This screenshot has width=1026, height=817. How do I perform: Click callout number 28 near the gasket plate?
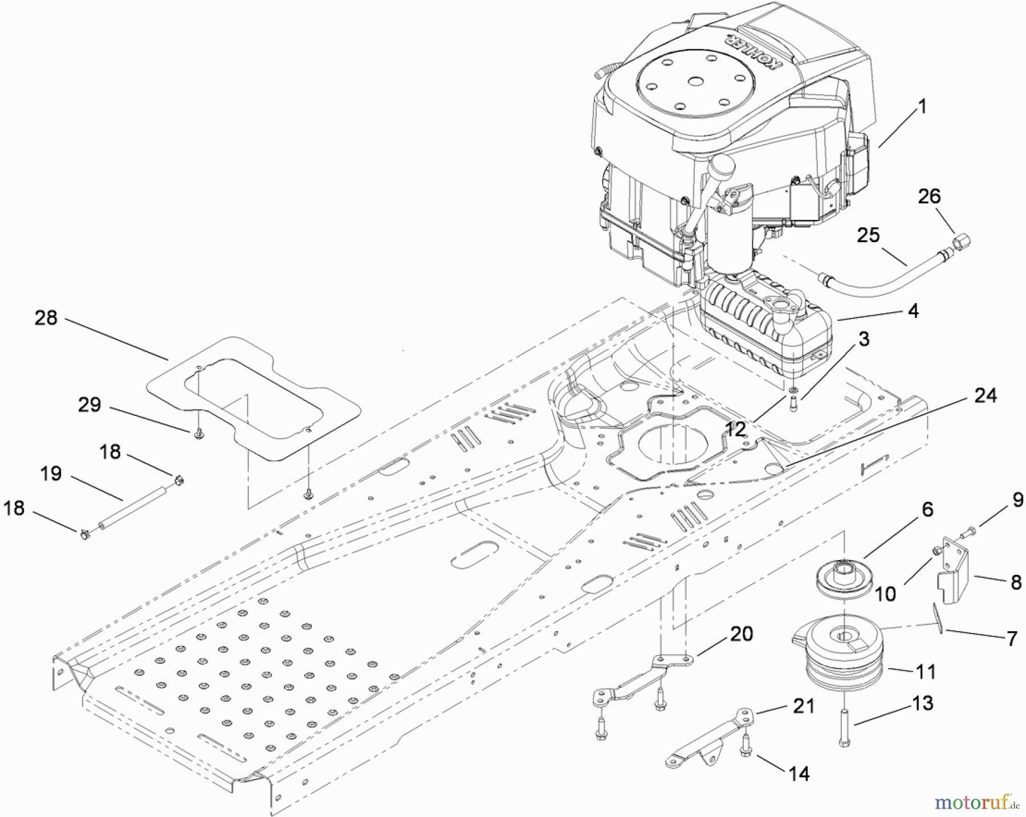coord(46,318)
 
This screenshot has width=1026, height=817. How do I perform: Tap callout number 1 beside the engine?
coord(921,107)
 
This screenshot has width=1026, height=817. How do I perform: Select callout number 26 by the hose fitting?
coord(929,197)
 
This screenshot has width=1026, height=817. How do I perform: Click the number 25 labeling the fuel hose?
coord(868,235)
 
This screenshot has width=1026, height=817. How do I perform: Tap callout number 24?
coord(985,395)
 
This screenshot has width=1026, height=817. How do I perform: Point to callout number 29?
coord(89,405)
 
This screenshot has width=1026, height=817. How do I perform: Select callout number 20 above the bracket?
coord(741,634)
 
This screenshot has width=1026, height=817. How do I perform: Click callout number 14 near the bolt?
coord(799,774)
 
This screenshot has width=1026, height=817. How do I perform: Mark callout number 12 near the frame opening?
coord(735,430)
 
